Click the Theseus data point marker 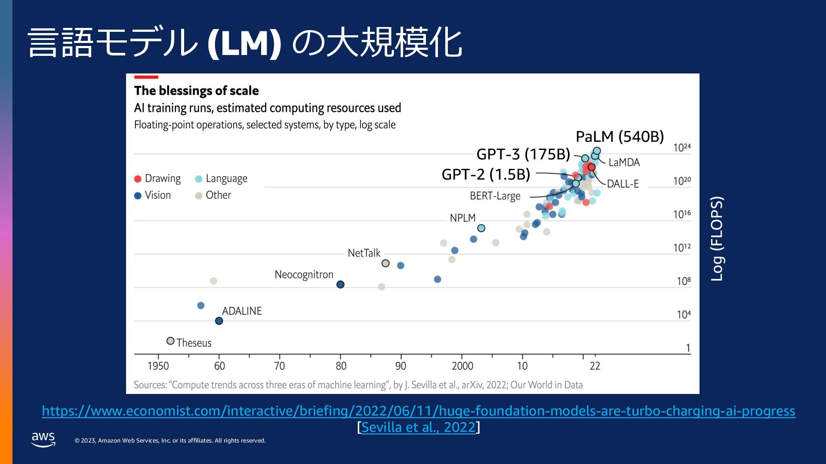pos(170,341)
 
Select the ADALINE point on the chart pos(219,321)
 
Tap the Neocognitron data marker pos(340,284)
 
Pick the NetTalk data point pos(385,263)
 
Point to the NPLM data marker pos(481,228)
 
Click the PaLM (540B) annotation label pos(619,137)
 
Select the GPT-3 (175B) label pos(523,154)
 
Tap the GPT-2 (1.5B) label pos(486,174)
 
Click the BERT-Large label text pos(495,196)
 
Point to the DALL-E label pos(623,184)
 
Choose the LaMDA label pos(624,162)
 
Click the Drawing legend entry pos(157,178)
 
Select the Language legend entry pos(222,178)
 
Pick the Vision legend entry pos(153,195)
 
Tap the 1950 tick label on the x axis pos(158,366)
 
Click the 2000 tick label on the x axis pos(462,366)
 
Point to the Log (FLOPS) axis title pos(717,239)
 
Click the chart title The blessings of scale pos(196,91)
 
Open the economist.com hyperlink pos(418,411)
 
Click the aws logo pos(43,440)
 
